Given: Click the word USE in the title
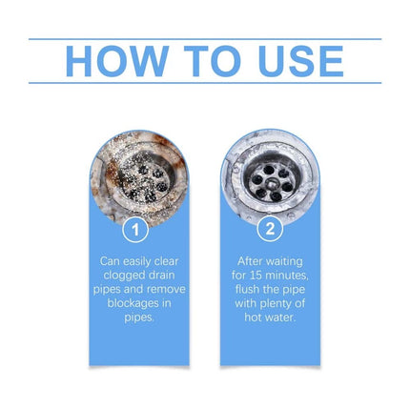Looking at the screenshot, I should [299, 61].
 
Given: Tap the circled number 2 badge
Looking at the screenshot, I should [270, 230].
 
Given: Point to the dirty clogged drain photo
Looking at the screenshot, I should [138, 176].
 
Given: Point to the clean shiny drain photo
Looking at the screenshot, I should [270, 176].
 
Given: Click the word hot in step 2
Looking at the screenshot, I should [254, 316].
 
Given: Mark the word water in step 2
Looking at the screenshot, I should [279, 316].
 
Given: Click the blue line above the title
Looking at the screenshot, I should [205, 39].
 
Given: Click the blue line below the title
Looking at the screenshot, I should [205, 83].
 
